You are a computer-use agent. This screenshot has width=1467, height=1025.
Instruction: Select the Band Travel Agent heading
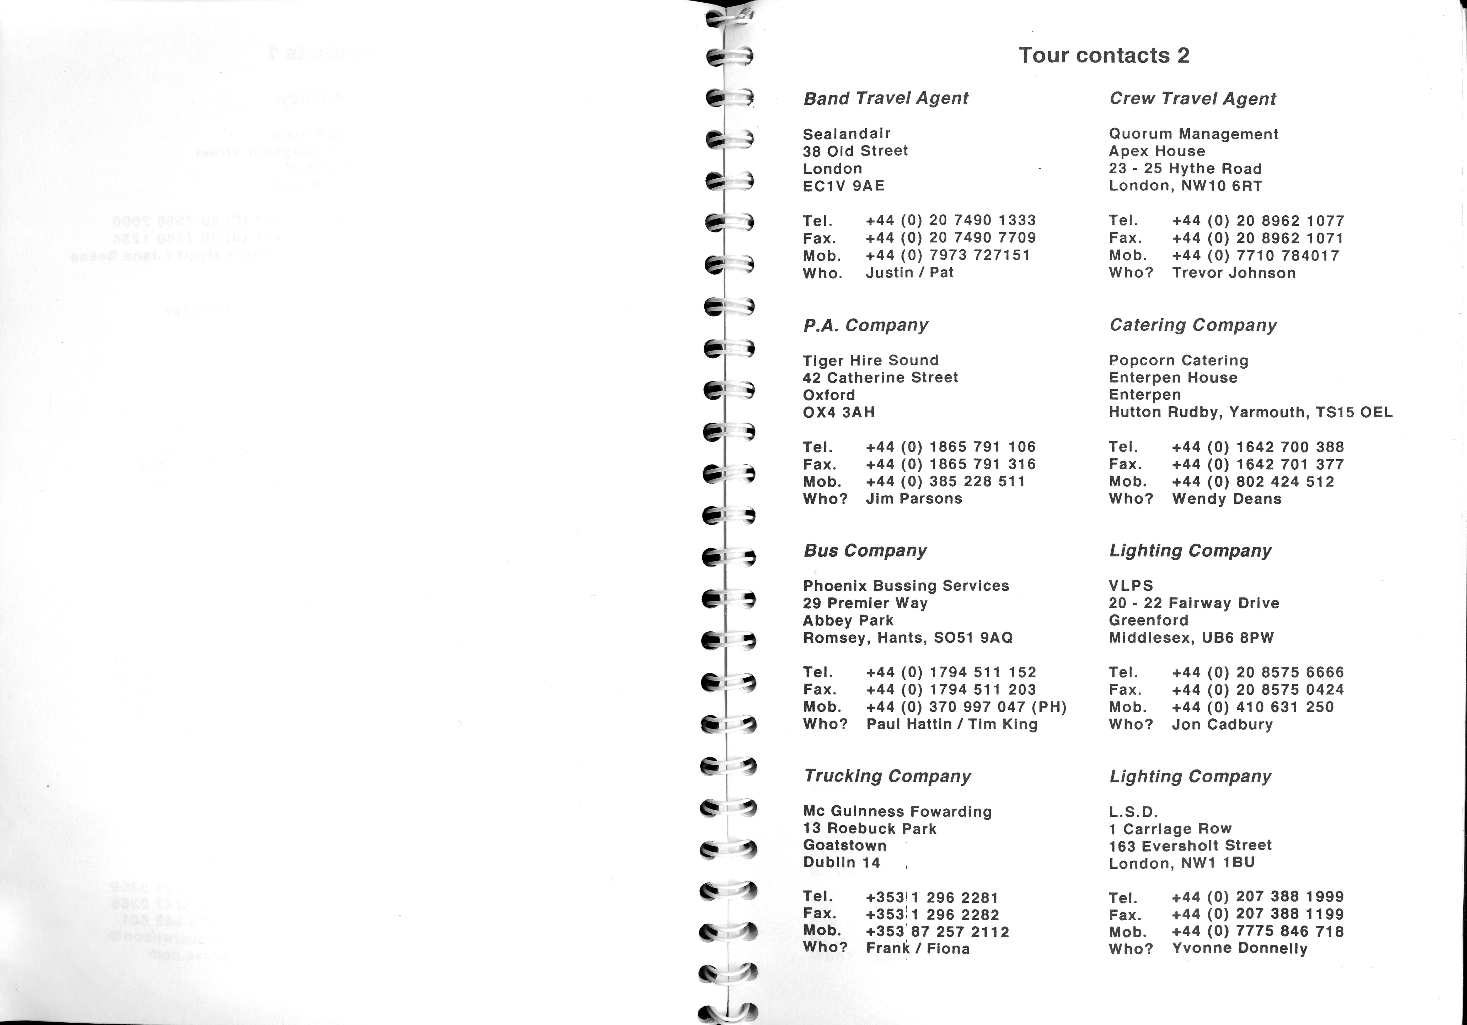click(x=886, y=98)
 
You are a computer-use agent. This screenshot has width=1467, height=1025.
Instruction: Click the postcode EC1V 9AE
click(x=843, y=186)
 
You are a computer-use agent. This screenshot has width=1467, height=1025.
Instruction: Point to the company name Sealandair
click(x=847, y=134)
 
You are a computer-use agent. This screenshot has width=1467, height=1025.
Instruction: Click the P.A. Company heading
click(x=865, y=325)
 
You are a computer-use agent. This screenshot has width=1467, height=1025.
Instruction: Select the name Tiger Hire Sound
click(x=870, y=360)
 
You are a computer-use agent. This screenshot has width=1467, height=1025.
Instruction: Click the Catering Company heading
click(x=1193, y=325)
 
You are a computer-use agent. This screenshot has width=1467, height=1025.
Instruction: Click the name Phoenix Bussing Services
click(x=905, y=586)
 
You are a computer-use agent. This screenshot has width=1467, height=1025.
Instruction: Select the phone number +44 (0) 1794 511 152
click(x=951, y=672)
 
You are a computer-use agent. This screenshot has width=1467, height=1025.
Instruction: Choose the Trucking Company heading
click(x=887, y=776)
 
